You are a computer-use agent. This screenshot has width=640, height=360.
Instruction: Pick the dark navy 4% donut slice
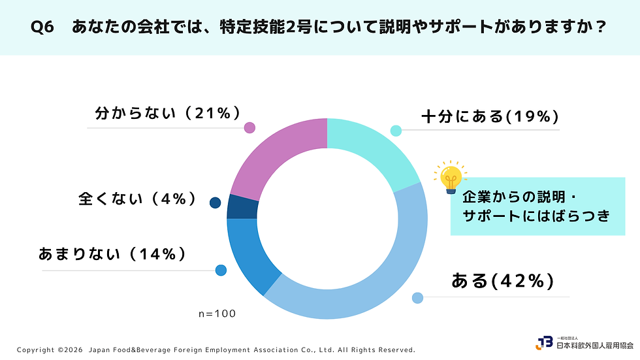pyautogui.click(x=242, y=207)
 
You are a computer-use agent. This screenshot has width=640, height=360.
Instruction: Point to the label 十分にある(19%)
pyautogui.click(x=490, y=117)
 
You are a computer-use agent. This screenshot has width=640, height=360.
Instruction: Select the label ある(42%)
pyautogui.click(x=502, y=281)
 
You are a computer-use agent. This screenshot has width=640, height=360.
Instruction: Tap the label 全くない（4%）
pyautogui.click(x=138, y=199)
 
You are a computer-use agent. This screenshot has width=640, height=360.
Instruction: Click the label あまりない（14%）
pyautogui.click(x=112, y=254)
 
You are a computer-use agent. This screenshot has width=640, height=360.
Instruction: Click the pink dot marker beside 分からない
pyautogui.click(x=249, y=128)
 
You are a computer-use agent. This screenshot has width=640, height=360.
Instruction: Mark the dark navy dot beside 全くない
pyautogui.click(x=215, y=203)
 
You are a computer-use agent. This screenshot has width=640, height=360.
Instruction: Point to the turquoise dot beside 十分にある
pyautogui.click(x=396, y=131)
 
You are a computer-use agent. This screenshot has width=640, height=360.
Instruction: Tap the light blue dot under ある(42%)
pyautogui.click(x=417, y=298)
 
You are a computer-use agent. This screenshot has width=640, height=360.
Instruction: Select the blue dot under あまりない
pyautogui.click(x=221, y=270)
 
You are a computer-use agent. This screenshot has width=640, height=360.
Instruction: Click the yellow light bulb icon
pyautogui.click(x=451, y=178)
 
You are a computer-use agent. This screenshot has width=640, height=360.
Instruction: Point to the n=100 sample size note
pyautogui.click(x=217, y=314)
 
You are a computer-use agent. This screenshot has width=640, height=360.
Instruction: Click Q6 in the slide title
pyautogui.click(x=42, y=27)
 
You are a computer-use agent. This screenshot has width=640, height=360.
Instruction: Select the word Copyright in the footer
pyautogui.click(x=35, y=350)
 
